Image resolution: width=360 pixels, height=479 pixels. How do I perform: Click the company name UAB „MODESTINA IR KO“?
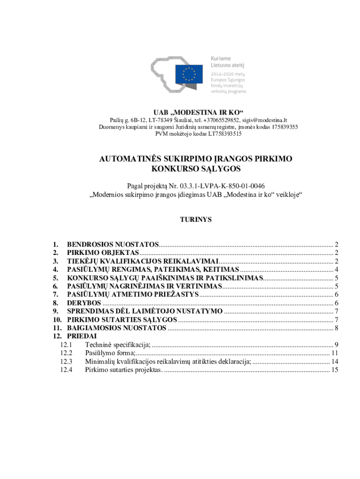tap(199, 112)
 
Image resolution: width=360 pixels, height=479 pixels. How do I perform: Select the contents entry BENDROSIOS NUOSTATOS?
tap(113, 244)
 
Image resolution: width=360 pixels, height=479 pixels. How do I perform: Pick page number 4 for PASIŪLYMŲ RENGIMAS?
tap(336, 269)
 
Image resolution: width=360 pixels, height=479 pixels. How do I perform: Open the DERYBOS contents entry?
tap(84, 303)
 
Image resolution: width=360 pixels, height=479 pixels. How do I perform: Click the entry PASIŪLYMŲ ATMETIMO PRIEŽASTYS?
tap(133, 295)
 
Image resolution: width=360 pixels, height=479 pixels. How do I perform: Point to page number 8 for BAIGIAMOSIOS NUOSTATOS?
tap(336, 328)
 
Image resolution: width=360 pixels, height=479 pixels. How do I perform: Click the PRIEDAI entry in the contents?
tap(82, 336)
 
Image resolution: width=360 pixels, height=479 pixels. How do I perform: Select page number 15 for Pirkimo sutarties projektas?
tap(334, 370)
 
